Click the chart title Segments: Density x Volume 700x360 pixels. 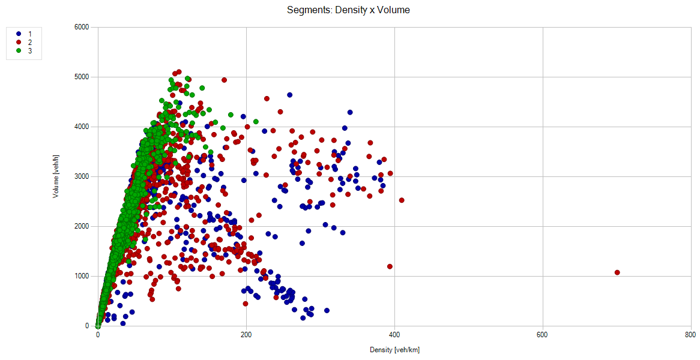pyautogui.click(x=348, y=10)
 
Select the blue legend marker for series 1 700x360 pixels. pyautogui.click(x=19, y=34)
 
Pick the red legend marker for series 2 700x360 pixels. pyautogui.click(x=19, y=43)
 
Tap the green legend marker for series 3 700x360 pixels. pyautogui.click(x=19, y=51)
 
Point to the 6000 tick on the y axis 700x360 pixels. pyautogui.click(x=82, y=27)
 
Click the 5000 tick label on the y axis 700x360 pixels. pyautogui.click(x=82, y=77)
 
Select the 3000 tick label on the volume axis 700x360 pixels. pyautogui.click(x=82, y=176)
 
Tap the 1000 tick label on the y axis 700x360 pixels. pyautogui.click(x=82, y=276)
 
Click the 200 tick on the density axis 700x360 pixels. pyautogui.click(x=246, y=335)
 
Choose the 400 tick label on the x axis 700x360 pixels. pyautogui.click(x=394, y=335)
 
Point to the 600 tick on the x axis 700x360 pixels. pyautogui.click(x=542, y=335)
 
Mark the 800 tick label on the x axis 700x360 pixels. pyautogui.click(x=690, y=335)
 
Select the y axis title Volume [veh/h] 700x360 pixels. pyautogui.click(x=56, y=176)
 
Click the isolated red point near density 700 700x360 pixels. pyautogui.click(x=617, y=272)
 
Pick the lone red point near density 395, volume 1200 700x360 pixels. pyautogui.click(x=390, y=266)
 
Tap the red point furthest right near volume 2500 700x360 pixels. pyautogui.click(x=402, y=200)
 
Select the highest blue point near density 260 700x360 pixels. pyautogui.click(x=289, y=95)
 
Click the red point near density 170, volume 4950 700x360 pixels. pyautogui.click(x=224, y=80)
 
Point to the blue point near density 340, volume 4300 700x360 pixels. pyautogui.click(x=350, y=112)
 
